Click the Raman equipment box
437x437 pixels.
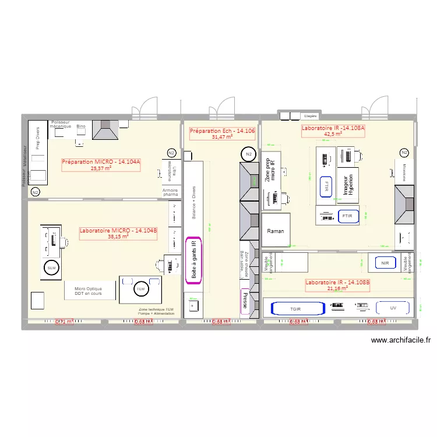click(276, 231)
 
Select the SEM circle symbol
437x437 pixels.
click(51, 267)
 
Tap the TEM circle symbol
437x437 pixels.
click(140, 289)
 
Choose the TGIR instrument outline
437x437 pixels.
click(296, 309)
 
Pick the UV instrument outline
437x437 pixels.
click(393, 308)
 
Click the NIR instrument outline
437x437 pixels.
click(385, 263)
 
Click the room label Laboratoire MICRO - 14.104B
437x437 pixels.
click(118, 234)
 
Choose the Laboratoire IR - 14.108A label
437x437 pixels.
click(333, 131)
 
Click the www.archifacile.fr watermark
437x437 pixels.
click(400, 341)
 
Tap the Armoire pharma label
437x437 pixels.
click(170, 193)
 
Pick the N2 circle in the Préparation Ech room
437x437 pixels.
click(249, 154)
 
